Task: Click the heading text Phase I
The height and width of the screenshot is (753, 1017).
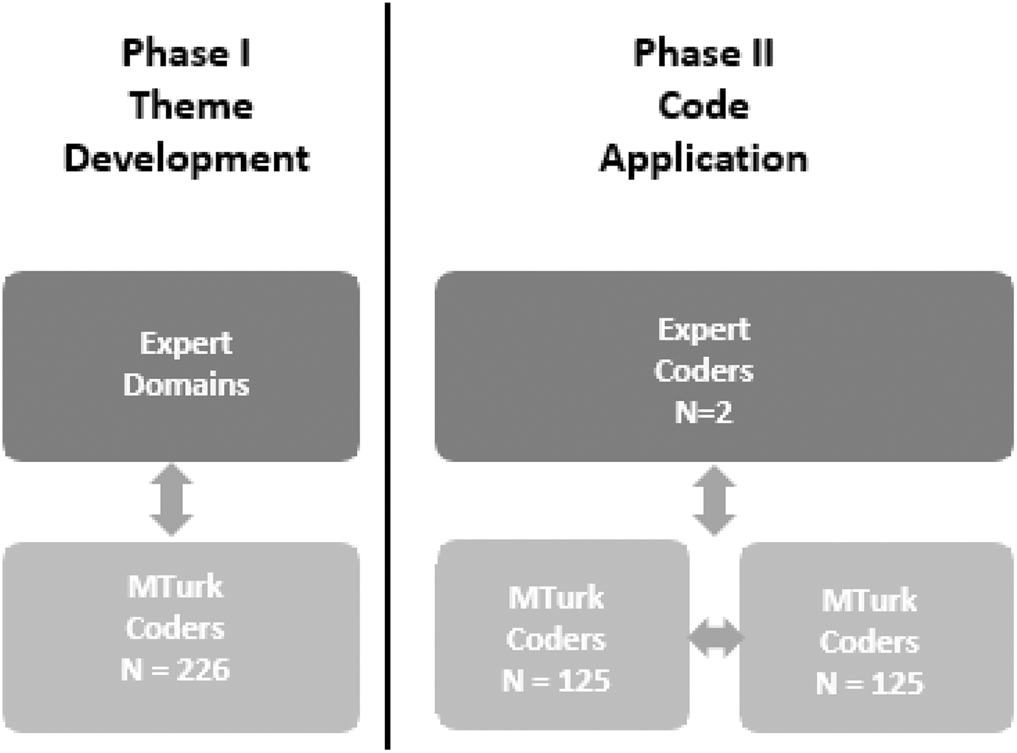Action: click(x=186, y=53)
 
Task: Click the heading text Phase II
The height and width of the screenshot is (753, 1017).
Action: click(x=704, y=53)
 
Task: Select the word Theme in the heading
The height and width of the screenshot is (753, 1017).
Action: click(x=191, y=105)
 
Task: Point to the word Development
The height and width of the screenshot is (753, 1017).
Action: click(x=187, y=159)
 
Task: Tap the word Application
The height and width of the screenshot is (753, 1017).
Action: click(x=704, y=159)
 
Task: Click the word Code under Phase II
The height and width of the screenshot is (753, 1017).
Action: click(x=704, y=105)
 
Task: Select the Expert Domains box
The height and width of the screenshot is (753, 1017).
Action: click(x=181, y=366)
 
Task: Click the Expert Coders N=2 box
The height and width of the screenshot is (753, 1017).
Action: click(x=724, y=366)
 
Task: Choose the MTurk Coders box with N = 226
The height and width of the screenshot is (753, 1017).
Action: click(x=181, y=637)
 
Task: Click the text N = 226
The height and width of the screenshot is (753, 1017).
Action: click(x=175, y=670)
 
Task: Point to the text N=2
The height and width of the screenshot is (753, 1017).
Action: click(x=704, y=411)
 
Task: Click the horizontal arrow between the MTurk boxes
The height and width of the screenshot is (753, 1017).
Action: click(x=716, y=637)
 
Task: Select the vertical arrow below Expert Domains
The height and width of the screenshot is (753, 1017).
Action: click(x=171, y=500)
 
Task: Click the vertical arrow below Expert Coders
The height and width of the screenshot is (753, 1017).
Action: click(x=714, y=500)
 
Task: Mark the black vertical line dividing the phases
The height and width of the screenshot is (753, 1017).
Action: click(x=387, y=376)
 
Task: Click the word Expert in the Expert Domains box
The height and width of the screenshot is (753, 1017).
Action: click(x=186, y=344)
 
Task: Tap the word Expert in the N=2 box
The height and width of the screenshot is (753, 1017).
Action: click(x=704, y=330)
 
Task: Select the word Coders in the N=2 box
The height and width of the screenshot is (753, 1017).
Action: click(x=704, y=370)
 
